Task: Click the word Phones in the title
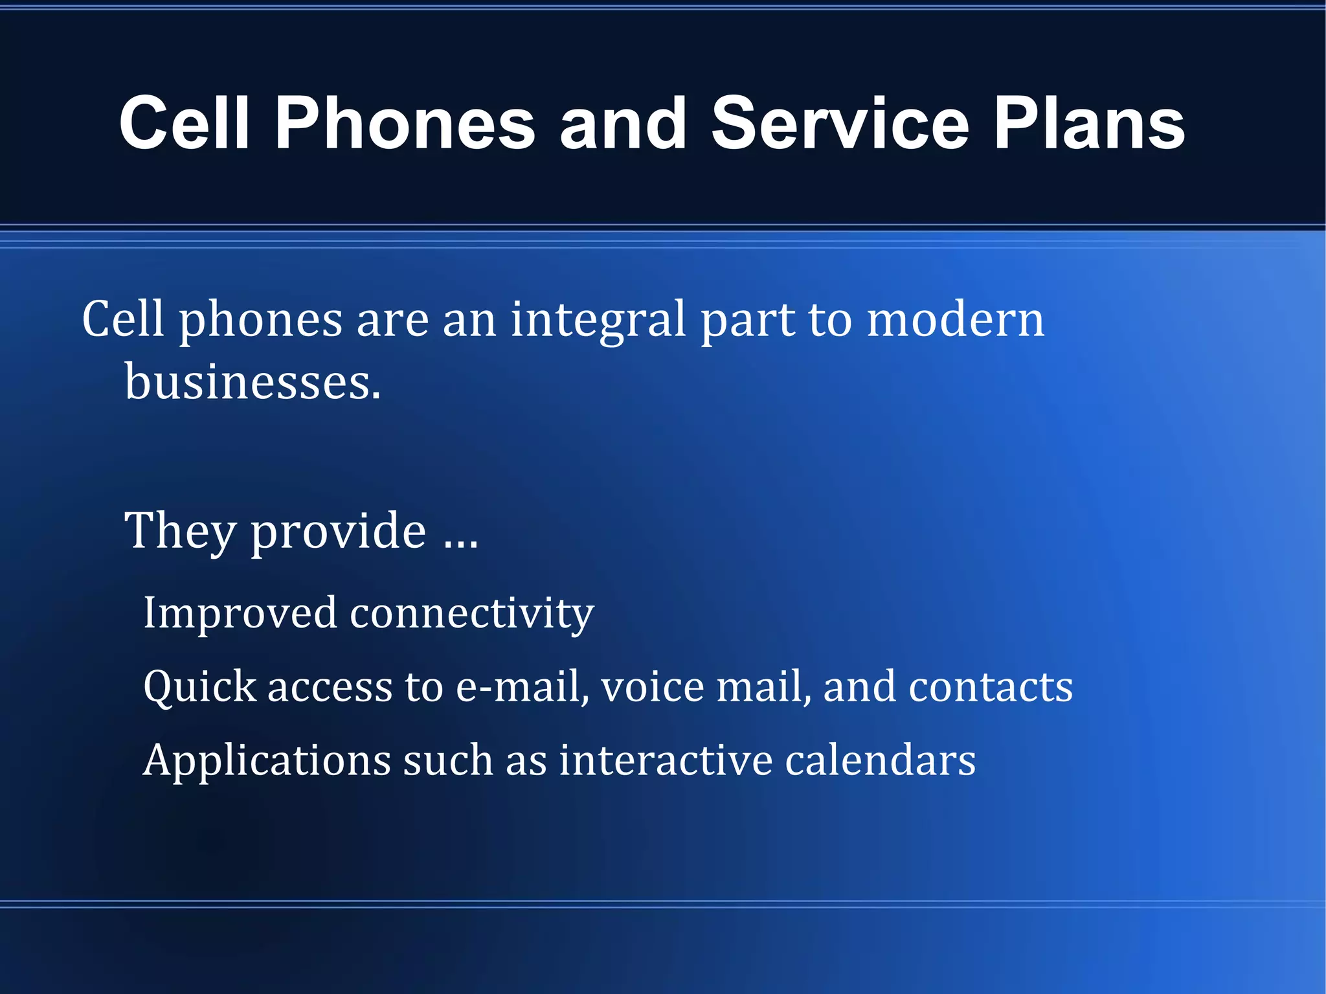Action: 405,123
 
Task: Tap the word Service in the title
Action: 840,123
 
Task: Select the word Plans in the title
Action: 1089,123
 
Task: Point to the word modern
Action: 955,320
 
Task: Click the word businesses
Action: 253,382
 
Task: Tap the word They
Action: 179,531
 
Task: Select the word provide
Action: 338,531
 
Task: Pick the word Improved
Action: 240,613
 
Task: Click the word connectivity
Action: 471,613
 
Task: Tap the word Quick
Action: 199,686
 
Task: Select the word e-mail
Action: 522,686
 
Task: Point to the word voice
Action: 652,686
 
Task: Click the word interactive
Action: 665,760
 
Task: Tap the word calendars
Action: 880,760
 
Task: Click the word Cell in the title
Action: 185,123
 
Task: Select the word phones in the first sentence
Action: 260,320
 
